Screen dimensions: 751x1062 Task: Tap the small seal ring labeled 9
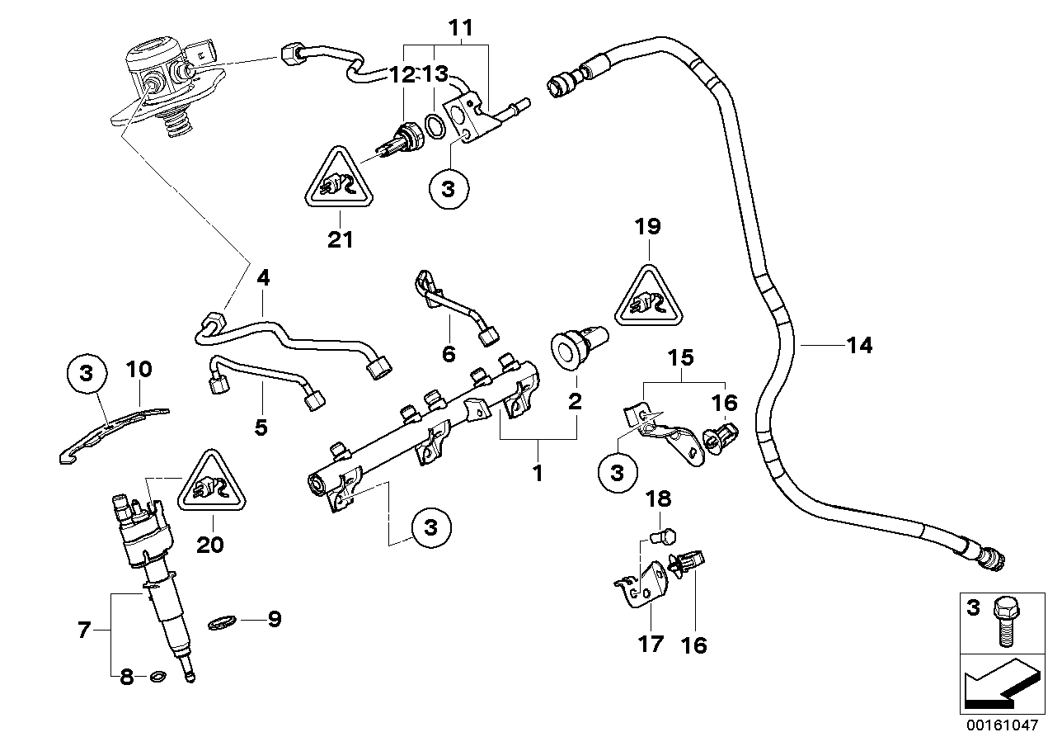221,621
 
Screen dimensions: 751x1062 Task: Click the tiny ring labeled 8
155,678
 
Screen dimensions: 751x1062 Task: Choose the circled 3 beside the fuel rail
431,526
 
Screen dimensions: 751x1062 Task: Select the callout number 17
651,642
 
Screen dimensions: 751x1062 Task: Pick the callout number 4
262,278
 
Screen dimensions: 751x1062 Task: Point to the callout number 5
261,427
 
